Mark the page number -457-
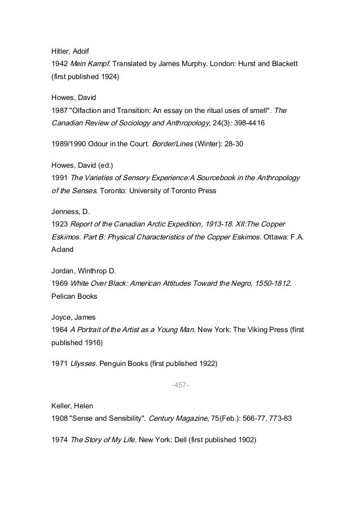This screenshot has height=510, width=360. tap(179, 386)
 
